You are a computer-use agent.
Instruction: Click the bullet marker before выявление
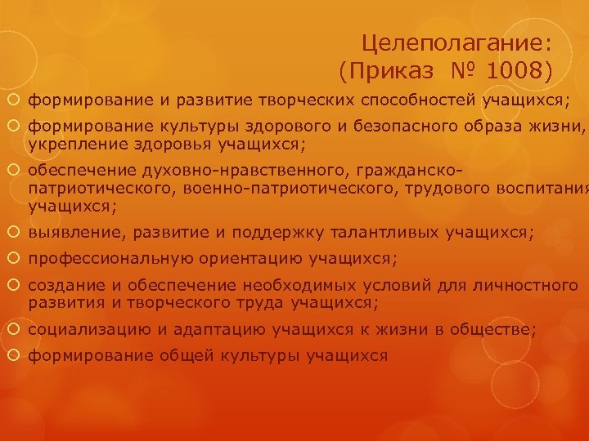[x=16, y=234]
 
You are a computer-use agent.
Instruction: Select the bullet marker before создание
[x=16, y=287]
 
